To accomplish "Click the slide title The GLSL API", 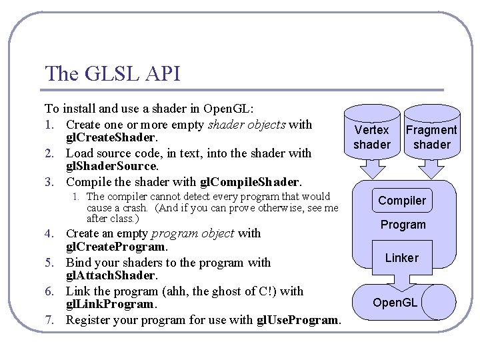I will tap(112, 73).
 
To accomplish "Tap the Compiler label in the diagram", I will tap(402, 201).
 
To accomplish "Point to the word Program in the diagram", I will tap(403, 225).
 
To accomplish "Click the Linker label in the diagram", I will tap(402, 257).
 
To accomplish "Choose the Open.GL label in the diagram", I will tap(395, 303).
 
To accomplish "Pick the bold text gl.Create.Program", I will tap(115, 247).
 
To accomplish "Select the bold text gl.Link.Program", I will tap(111, 305).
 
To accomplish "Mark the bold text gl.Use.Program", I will tap(299, 320).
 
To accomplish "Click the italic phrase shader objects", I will tap(247, 124).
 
